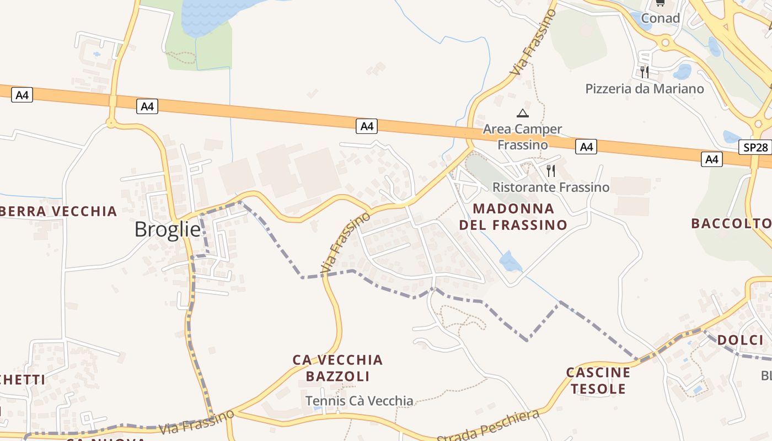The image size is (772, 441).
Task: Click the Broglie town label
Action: click(x=168, y=229)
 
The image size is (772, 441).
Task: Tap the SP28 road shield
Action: click(x=755, y=147)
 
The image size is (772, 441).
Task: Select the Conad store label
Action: click(x=660, y=18)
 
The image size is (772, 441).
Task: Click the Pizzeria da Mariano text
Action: click(x=644, y=89)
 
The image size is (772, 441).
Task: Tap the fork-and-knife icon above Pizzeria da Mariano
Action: click(x=644, y=72)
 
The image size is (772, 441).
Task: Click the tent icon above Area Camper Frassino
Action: click(x=522, y=114)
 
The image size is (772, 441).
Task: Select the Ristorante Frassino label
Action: click(x=550, y=187)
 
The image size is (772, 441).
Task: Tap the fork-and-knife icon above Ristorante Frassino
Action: click(x=550, y=170)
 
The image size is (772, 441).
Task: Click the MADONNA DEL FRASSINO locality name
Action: click(x=513, y=217)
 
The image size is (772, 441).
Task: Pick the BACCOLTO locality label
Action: click(x=731, y=223)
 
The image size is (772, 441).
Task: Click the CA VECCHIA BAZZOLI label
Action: click(x=337, y=368)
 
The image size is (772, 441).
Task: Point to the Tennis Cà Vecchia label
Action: click(x=359, y=401)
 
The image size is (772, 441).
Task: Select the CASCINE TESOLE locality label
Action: click(x=598, y=380)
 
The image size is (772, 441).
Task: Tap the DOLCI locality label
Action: click(x=740, y=340)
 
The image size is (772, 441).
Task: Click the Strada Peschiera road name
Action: click(x=488, y=426)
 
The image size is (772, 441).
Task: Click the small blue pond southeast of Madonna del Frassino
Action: click(x=510, y=262)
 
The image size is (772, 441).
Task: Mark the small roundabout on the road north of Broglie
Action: click(x=111, y=123)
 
